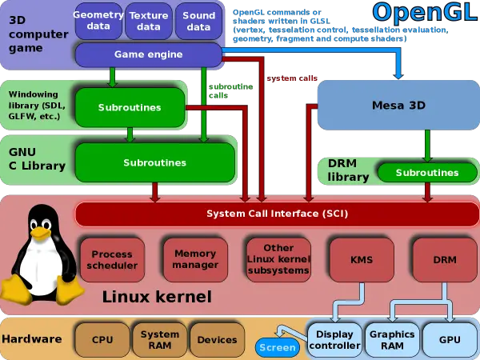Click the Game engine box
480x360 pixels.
pyautogui.click(x=149, y=54)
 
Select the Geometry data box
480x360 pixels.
pyautogui.click(x=98, y=21)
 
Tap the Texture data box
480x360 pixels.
pyautogui.click(x=149, y=21)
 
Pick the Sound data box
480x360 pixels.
pyautogui.click(x=198, y=21)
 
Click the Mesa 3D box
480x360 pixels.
pyautogui.click(x=398, y=105)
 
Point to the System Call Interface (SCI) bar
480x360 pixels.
pyautogui.click(x=277, y=214)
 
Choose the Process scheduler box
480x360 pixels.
pyautogui.click(x=112, y=259)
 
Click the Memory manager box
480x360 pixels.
pyautogui.click(x=195, y=259)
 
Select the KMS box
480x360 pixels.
pyautogui.click(x=362, y=259)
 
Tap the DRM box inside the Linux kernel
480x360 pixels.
pyautogui.click(x=445, y=259)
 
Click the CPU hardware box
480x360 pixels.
pyautogui.click(x=102, y=339)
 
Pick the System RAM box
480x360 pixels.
pyautogui.click(x=160, y=339)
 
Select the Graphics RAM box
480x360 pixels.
pyautogui.click(x=392, y=339)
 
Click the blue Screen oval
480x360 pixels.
pyautogui.click(x=278, y=347)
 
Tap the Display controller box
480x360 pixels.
pyautogui.click(x=334, y=339)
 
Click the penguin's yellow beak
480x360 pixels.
pyautogui.click(x=41, y=233)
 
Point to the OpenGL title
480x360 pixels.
pyautogui.click(x=426, y=13)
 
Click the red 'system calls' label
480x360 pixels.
pyautogui.click(x=292, y=78)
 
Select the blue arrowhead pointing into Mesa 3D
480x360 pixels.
pyautogui.click(x=398, y=75)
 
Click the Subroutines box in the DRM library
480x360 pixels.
pyautogui.click(x=427, y=172)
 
